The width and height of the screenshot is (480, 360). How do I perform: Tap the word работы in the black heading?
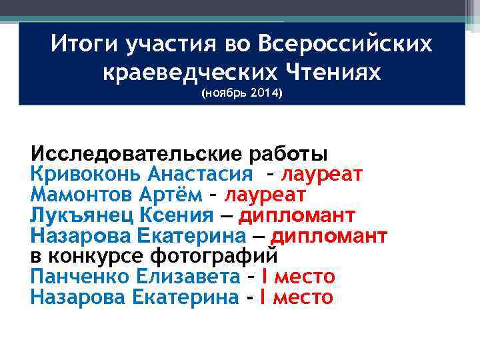[x=288, y=154]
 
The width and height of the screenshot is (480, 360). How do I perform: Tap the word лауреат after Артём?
[x=265, y=195]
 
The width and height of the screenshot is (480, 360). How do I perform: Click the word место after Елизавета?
[x=306, y=277]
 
